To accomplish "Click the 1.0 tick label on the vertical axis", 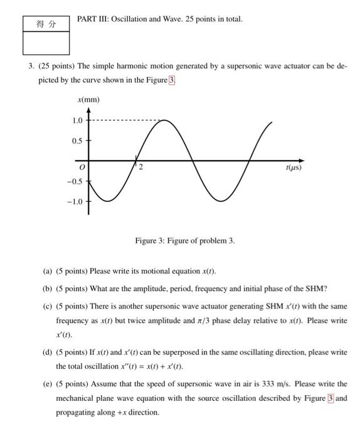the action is [x=77, y=120].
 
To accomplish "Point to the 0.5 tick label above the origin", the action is [x=77, y=141].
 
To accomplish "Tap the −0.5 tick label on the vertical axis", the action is [x=74, y=181].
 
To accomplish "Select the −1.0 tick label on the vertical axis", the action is [x=74, y=201].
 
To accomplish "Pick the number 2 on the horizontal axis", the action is [x=140, y=167].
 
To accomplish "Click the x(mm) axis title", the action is [x=88, y=100].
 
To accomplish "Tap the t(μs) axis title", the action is [x=293, y=168].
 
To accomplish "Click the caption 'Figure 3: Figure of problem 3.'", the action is [x=185, y=241].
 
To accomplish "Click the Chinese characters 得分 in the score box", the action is [x=46, y=24].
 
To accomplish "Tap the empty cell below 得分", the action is [x=46, y=43].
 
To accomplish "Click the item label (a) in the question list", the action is [x=47, y=272].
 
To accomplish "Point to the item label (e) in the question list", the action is [x=47, y=383].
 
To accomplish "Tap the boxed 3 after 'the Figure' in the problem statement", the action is [x=172, y=80].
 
